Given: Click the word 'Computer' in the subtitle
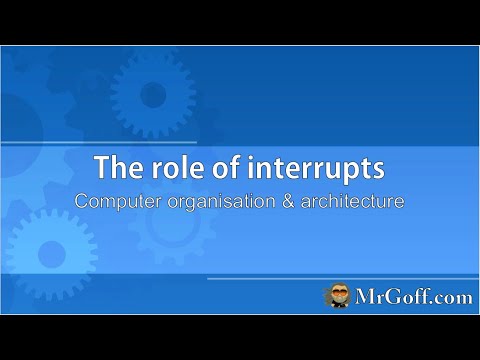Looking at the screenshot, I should point(117,200).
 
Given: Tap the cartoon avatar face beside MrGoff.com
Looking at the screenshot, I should point(336,296).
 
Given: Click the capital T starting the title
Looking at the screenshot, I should point(101,167).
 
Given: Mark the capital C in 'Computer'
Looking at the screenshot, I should point(83,200).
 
